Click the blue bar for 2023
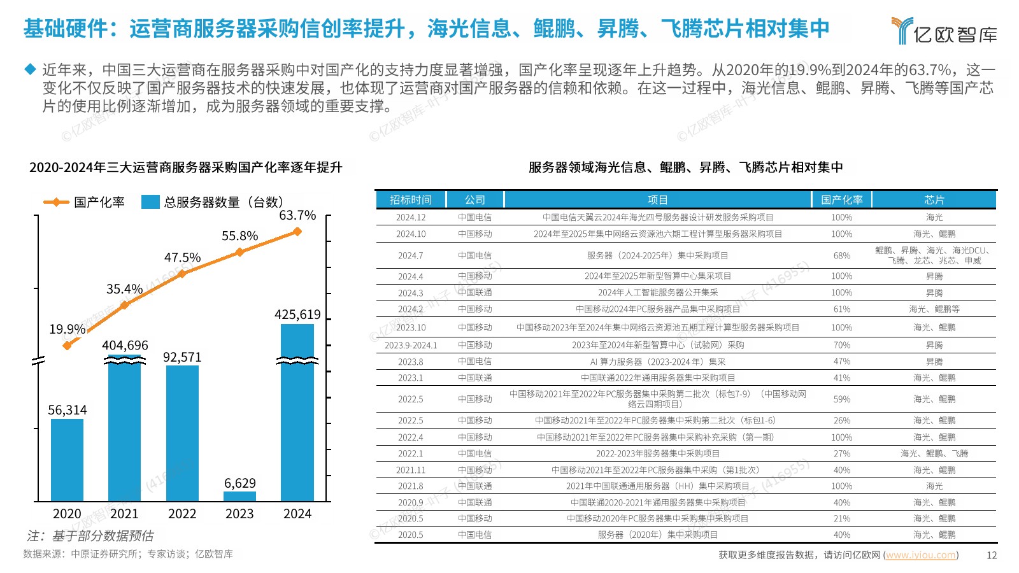(x=239, y=496)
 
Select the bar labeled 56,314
(x=67, y=460)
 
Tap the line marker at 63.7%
(x=297, y=232)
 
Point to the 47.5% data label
(x=182, y=258)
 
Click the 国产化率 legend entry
(x=84, y=202)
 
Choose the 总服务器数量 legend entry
(x=213, y=202)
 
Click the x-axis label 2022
(x=182, y=514)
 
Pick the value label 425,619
(x=297, y=315)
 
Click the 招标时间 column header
(x=410, y=200)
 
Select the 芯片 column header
(x=934, y=200)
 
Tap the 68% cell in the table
(x=841, y=256)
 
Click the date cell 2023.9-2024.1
(x=411, y=345)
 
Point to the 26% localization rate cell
(x=841, y=421)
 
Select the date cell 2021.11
(x=411, y=470)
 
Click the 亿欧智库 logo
(x=944, y=31)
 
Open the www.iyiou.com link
(x=920, y=555)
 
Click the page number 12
(x=992, y=555)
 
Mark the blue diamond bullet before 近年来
(x=30, y=69)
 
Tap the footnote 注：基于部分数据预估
(x=90, y=536)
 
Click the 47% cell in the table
(x=841, y=362)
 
